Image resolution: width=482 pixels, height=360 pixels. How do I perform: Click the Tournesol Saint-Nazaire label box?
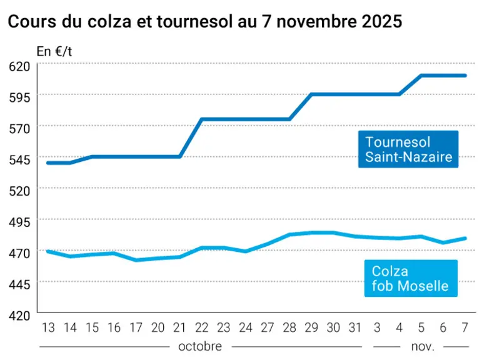tap(408, 149)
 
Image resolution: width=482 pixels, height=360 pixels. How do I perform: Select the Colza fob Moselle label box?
tap(411, 279)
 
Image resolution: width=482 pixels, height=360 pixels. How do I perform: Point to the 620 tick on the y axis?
tap(19, 66)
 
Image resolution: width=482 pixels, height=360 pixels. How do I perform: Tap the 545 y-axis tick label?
tap(19, 160)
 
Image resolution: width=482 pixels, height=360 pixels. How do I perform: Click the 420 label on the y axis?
tap(19, 316)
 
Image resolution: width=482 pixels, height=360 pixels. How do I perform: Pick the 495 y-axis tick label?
tap(19, 222)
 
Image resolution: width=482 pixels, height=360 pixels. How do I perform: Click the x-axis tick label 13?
tap(48, 327)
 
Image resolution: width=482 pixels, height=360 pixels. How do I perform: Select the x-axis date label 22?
tap(202, 327)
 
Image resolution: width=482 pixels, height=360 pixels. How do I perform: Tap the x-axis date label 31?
tap(355, 327)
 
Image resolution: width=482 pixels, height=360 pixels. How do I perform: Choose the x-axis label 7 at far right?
tap(464, 327)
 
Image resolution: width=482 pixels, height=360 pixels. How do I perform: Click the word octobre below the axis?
tap(200, 346)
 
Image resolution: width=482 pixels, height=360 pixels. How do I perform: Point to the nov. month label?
tap(423, 347)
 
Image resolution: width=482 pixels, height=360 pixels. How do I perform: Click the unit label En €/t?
tap(54, 52)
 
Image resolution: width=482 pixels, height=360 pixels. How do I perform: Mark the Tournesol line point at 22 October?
tap(202, 119)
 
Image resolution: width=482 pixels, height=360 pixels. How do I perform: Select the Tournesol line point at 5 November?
tap(421, 76)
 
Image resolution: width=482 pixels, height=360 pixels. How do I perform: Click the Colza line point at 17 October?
tap(136, 260)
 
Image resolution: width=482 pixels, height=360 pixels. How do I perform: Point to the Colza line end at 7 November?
tap(465, 238)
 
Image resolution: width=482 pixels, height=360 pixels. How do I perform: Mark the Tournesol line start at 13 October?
tap(48, 163)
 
